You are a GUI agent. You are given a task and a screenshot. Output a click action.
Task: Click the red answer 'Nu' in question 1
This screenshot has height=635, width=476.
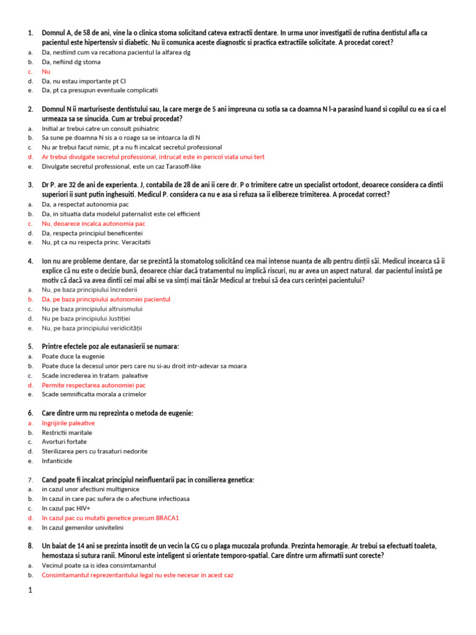point(46,71)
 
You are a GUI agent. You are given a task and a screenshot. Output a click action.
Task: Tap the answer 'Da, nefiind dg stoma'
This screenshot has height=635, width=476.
point(71,62)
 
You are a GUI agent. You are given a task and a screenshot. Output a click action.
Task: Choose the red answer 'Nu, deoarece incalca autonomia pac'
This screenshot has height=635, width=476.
point(94,223)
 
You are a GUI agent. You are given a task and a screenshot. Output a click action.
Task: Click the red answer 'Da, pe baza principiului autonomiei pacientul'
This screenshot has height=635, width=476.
point(106,299)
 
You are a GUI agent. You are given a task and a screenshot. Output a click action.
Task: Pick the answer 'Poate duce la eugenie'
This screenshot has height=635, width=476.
point(73,357)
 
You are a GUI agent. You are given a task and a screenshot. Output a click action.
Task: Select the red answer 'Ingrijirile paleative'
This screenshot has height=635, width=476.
point(68,423)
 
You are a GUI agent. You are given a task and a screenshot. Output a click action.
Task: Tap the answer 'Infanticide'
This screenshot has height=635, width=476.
point(57,461)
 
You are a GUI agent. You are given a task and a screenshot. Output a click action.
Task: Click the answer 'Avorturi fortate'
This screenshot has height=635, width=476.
point(64,442)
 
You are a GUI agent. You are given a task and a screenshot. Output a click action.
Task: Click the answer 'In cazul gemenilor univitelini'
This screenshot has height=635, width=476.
point(83,527)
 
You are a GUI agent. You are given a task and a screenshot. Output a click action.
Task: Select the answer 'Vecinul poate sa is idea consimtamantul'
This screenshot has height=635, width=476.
point(99,566)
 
